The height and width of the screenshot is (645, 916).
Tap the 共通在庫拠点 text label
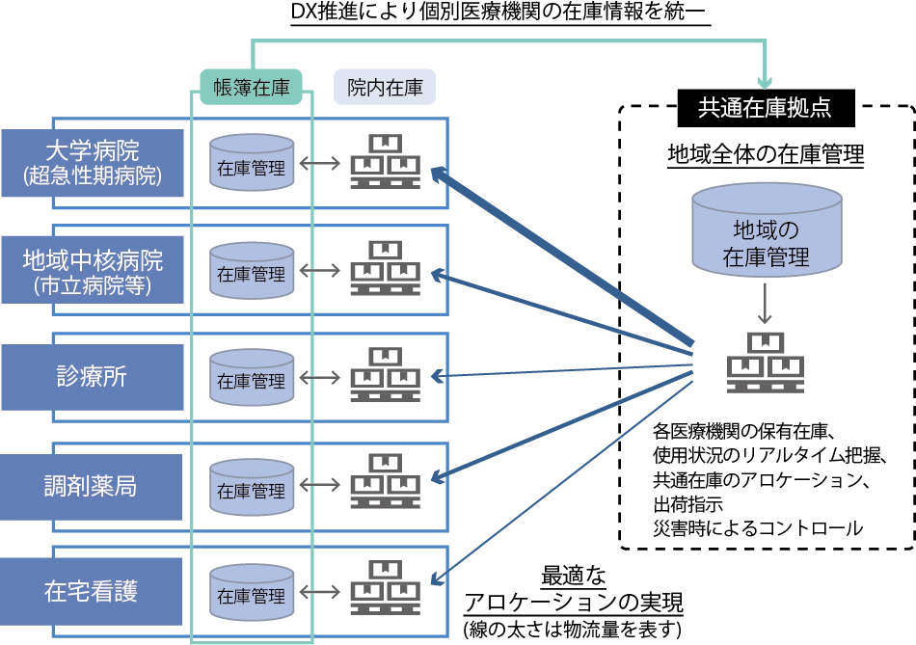pyautogui.click(x=765, y=107)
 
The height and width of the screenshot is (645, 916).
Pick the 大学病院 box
pyautogui.click(x=92, y=163)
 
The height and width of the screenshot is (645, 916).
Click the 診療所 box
pyautogui.click(x=92, y=377)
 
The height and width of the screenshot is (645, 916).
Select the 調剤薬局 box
pyautogui.click(x=92, y=485)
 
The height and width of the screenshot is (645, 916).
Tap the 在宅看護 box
pyautogui.click(x=92, y=591)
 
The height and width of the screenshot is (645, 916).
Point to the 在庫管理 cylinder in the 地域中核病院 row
pyautogui.click(x=252, y=274)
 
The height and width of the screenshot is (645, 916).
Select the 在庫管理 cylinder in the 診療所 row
pyautogui.click(x=252, y=380)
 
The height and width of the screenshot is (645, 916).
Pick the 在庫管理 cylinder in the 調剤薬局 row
pyautogui.click(x=252, y=490)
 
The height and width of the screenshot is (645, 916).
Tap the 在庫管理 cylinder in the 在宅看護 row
pyautogui.click(x=252, y=595)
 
